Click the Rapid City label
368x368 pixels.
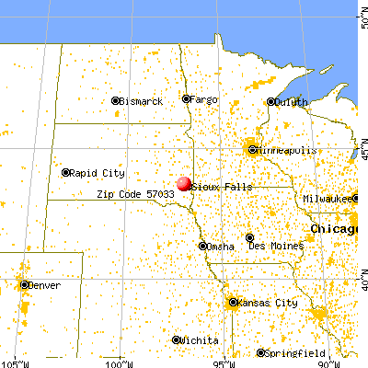(x=98, y=172)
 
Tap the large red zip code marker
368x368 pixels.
(x=184, y=185)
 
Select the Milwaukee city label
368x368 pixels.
(x=328, y=199)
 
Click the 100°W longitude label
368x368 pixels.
(x=119, y=362)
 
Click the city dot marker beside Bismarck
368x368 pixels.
(x=115, y=100)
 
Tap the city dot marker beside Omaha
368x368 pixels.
(x=203, y=246)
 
